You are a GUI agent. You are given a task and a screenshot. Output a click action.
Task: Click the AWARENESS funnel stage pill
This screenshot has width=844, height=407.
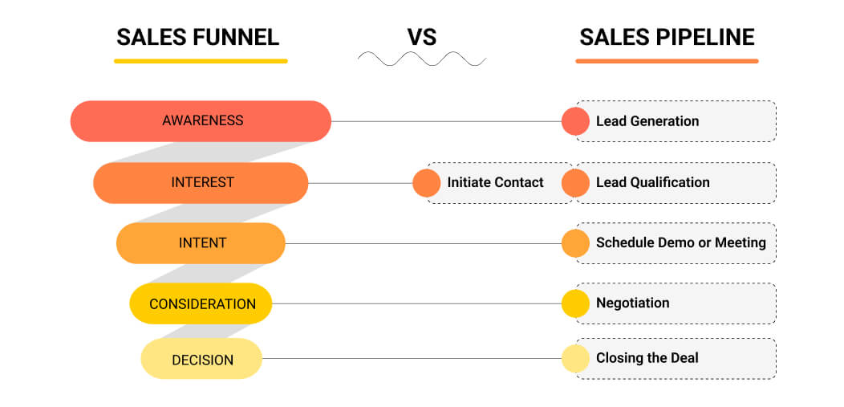point(201,121)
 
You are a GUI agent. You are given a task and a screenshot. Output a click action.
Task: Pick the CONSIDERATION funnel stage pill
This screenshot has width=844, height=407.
point(201,303)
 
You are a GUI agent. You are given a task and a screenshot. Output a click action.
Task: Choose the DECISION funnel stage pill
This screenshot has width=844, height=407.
point(201,359)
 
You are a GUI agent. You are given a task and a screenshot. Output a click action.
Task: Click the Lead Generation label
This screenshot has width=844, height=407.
point(647,121)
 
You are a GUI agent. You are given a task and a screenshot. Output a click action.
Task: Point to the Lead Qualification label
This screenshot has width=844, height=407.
point(652,182)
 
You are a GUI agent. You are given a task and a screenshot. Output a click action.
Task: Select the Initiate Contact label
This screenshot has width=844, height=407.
point(495,182)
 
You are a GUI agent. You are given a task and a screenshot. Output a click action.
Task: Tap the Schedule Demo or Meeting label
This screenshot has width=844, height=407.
point(680,242)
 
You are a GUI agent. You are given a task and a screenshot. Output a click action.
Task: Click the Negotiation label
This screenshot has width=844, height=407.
point(632,303)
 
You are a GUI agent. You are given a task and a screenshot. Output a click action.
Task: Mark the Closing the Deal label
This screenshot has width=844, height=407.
point(647,358)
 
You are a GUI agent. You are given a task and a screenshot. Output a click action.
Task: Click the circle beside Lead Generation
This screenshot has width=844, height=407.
point(575,121)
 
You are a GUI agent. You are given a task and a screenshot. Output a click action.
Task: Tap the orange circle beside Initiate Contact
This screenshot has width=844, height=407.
point(427,183)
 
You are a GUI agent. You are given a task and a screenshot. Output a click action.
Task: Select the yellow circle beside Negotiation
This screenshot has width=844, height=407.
point(575,303)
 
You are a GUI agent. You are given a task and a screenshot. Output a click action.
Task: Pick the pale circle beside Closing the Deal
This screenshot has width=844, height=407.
point(575,359)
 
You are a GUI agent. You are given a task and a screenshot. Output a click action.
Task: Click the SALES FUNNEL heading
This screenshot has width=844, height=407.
point(197,37)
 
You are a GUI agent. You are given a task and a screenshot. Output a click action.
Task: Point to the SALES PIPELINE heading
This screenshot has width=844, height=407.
point(667,37)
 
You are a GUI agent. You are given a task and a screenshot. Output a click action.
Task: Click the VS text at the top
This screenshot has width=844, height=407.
point(422,37)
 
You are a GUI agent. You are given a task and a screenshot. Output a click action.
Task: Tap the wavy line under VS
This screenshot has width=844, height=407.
point(422,59)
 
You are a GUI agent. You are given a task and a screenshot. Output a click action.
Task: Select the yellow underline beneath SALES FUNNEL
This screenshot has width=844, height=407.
point(201,61)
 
